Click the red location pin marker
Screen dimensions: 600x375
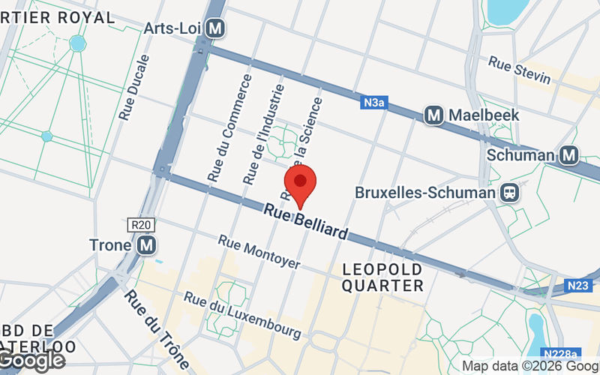pyautogui.click(x=300, y=184)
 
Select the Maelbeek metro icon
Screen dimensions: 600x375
pyautogui.click(x=433, y=115)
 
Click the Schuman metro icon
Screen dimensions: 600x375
pyautogui.click(x=569, y=155)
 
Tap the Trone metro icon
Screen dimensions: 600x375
pyautogui.click(x=146, y=244)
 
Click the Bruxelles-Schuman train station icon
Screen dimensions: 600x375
pyautogui.click(x=510, y=193)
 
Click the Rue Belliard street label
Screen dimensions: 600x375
pyautogui.click(x=306, y=223)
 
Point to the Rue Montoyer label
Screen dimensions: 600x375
pyautogui.click(x=259, y=253)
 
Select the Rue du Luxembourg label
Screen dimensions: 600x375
pyautogui.click(x=243, y=313)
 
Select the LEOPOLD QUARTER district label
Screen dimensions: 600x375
pyautogui.click(x=382, y=277)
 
